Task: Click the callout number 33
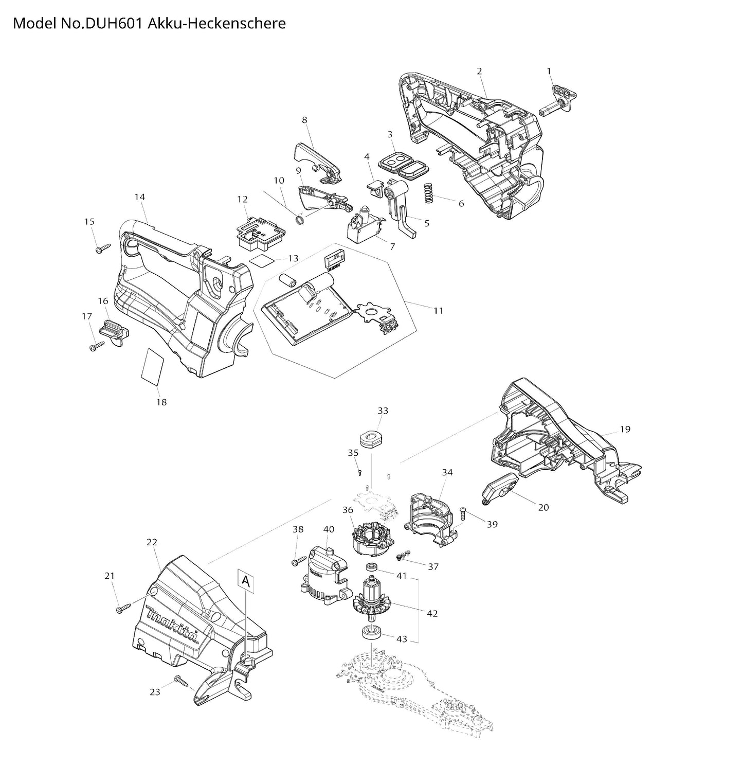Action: tap(383, 411)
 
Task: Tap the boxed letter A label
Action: tap(246, 581)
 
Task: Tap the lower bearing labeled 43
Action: tap(370, 632)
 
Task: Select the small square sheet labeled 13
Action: tap(261, 260)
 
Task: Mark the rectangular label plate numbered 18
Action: tap(153, 367)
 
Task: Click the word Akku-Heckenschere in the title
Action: tap(216, 23)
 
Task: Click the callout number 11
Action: tap(438, 311)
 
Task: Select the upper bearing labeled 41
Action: tap(371, 566)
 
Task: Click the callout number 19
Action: tap(625, 430)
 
